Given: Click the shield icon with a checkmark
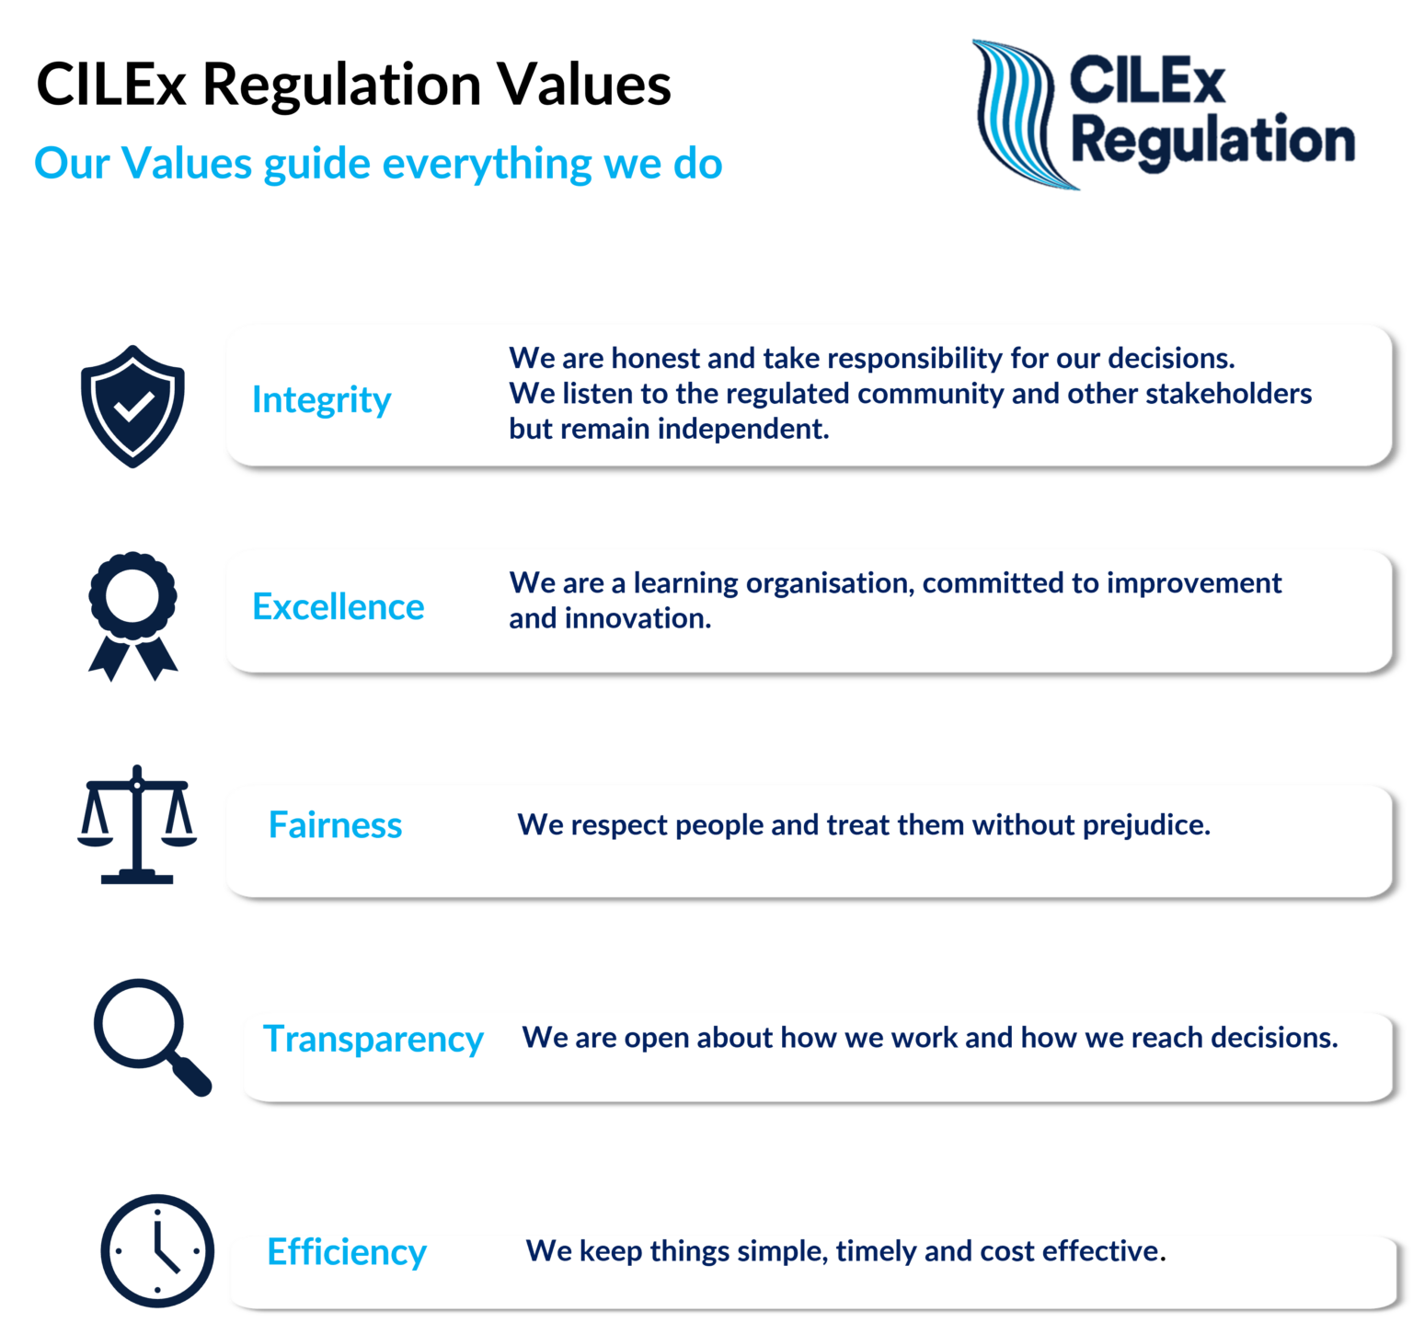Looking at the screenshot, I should (x=132, y=406).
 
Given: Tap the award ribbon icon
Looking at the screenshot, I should (x=132, y=615).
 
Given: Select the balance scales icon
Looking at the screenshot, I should (x=137, y=825).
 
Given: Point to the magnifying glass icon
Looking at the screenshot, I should (x=150, y=1035).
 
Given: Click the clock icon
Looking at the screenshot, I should (x=157, y=1251).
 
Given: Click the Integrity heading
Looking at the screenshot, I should (x=321, y=400).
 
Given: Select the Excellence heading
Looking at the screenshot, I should (x=339, y=607).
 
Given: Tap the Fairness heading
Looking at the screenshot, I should (x=335, y=825).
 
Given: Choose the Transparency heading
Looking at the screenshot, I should (x=373, y=1039).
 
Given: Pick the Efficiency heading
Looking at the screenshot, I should (x=347, y=1252).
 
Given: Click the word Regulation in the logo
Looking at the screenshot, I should (x=1212, y=141).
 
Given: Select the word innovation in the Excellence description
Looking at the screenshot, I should (x=638, y=618).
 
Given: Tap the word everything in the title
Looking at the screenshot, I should (x=487, y=164).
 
